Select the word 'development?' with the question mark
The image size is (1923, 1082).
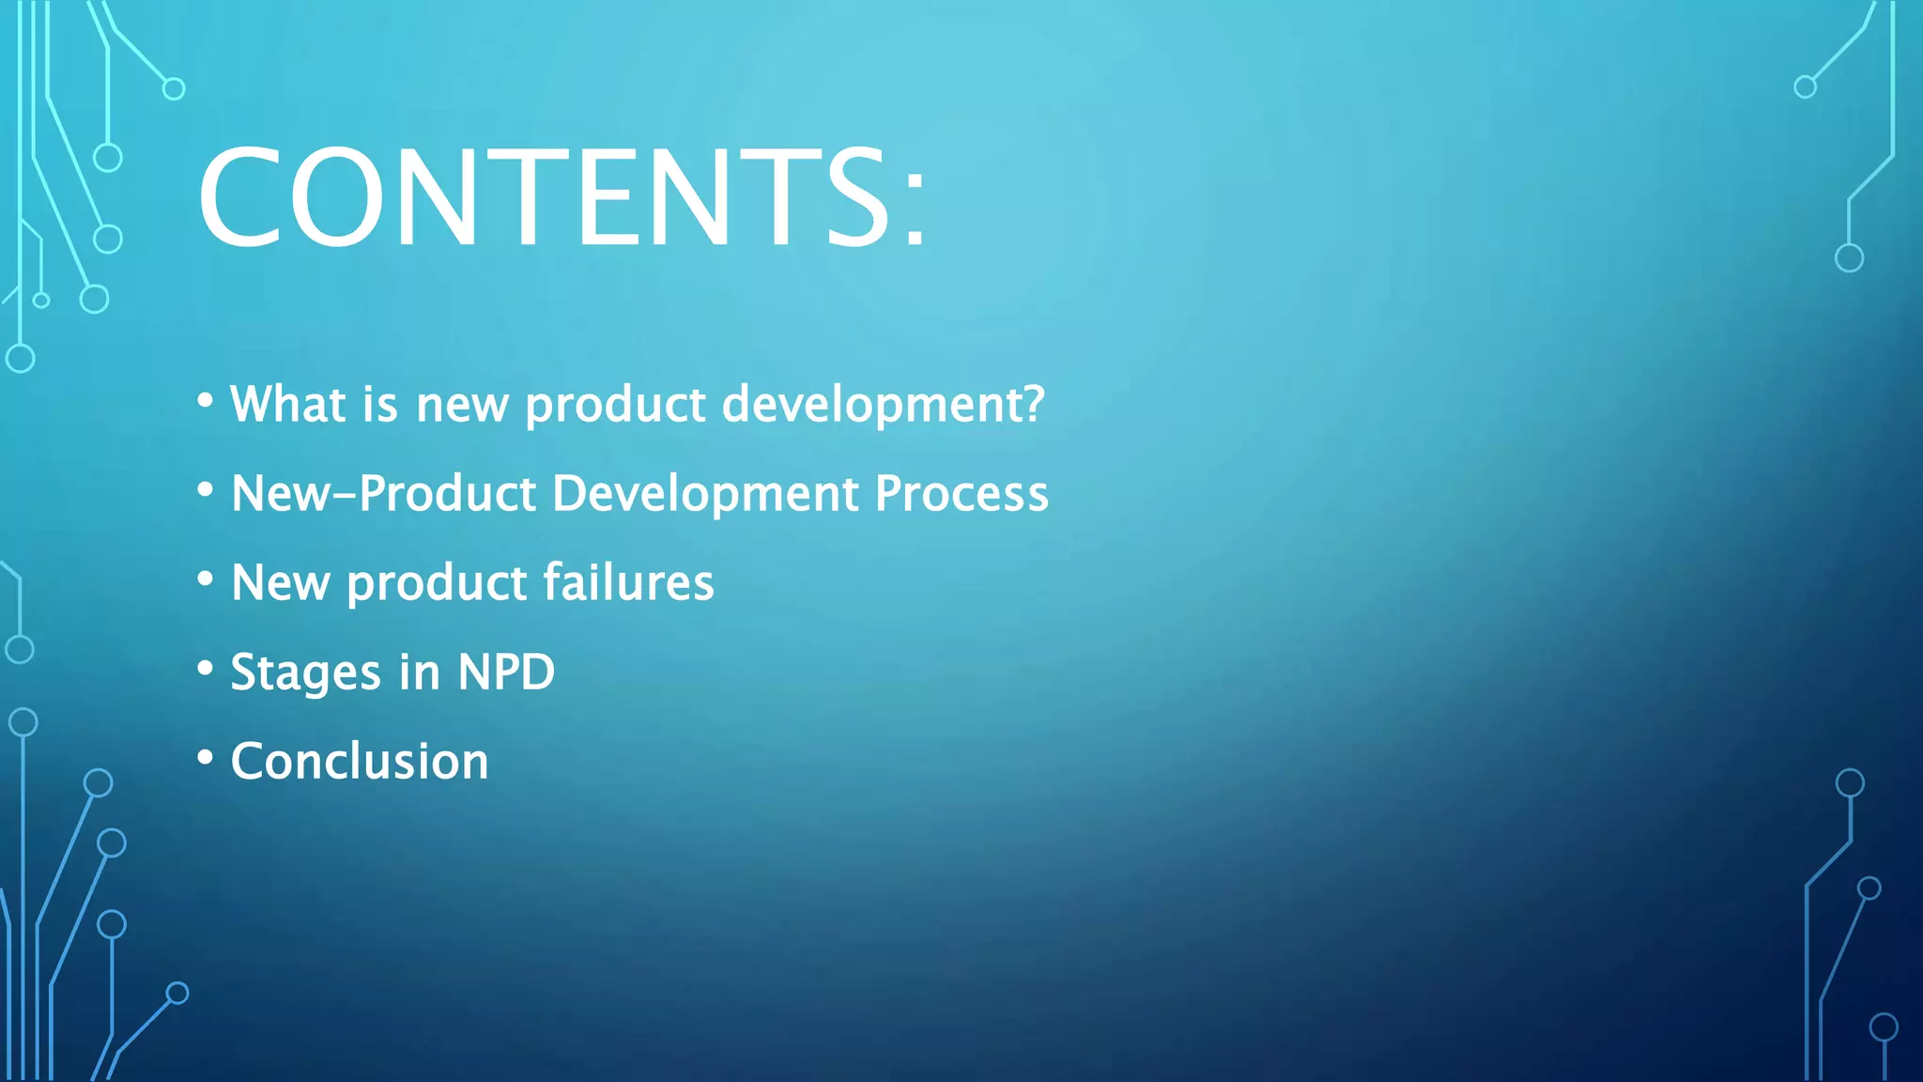[x=883, y=404]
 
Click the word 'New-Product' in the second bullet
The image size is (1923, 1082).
[x=383, y=493]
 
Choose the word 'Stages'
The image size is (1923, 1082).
[x=305, y=673]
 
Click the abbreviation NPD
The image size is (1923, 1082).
[x=506, y=672]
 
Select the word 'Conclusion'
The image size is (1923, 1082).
[x=360, y=761]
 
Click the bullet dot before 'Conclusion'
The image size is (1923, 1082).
[x=205, y=758]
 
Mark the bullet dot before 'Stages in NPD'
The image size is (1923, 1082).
[x=205, y=669]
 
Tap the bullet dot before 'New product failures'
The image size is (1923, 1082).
[x=205, y=580]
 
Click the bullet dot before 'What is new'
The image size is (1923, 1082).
[x=205, y=401]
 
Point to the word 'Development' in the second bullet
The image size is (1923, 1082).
[x=705, y=493]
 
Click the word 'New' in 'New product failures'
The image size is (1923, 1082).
[x=281, y=582]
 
